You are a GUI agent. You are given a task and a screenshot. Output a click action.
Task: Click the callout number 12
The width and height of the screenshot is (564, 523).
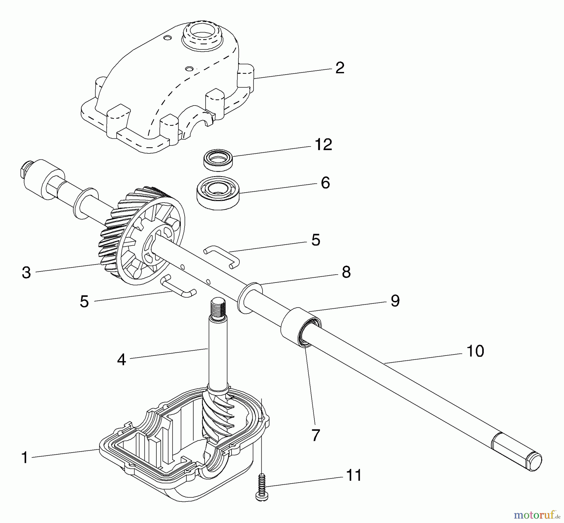tap(323, 145)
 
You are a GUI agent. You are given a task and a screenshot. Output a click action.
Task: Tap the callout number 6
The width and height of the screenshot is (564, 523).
tap(326, 183)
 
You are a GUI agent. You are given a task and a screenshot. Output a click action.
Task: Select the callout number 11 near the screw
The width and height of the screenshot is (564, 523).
tap(354, 475)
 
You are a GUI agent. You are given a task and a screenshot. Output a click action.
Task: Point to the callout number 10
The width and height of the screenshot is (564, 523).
tap(475, 351)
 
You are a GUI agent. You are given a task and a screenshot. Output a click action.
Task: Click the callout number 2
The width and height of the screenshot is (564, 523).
tap(340, 68)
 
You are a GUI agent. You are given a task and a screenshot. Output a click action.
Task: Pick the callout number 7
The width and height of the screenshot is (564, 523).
tap(316, 435)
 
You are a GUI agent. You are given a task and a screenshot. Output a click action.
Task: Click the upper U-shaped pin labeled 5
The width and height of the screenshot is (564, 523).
tap(222, 256)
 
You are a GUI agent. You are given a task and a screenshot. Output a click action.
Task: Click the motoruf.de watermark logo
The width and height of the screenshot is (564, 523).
tap(537, 514)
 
